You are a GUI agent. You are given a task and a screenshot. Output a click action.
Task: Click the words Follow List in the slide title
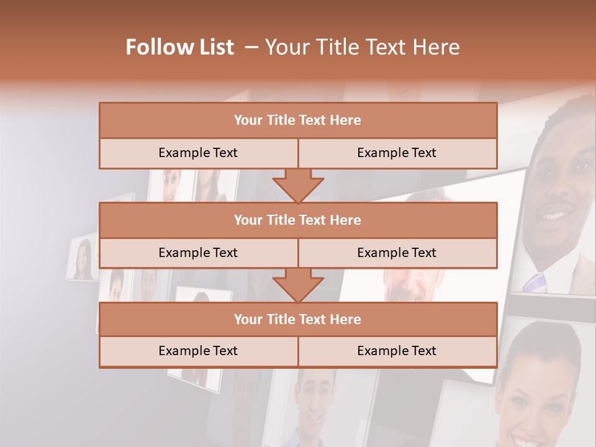pyautogui.click(x=179, y=47)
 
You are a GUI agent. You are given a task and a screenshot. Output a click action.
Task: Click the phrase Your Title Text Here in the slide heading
pyautogui.click(x=363, y=47)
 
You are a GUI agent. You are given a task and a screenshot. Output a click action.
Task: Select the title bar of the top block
pyautogui.click(x=298, y=120)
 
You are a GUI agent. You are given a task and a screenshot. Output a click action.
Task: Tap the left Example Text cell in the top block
pyautogui.click(x=198, y=153)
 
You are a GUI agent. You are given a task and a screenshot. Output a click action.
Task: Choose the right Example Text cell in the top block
pyautogui.click(x=397, y=153)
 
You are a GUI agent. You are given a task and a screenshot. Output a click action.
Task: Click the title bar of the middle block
pyautogui.click(x=298, y=220)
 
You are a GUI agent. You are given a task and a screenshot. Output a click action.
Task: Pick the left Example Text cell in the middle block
pyautogui.click(x=198, y=253)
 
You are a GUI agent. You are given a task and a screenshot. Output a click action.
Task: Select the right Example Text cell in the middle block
pyautogui.click(x=397, y=253)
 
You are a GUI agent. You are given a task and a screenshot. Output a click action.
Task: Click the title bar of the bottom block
pyautogui.click(x=298, y=319)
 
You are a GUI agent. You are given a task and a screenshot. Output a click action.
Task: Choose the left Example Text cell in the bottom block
pyautogui.click(x=198, y=351)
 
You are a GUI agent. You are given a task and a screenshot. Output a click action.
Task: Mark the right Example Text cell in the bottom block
pyautogui.click(x=397, y=351)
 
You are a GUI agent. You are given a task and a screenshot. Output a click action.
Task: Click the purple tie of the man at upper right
pyautogui.click(x=535, y=282)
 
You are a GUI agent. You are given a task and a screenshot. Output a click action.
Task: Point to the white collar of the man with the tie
pyautogui.click(x=559, y=267)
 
